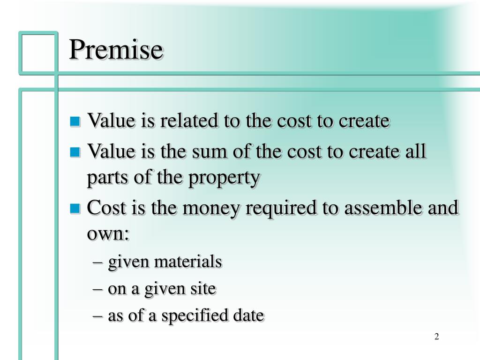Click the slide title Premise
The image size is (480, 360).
[x=116, y=50]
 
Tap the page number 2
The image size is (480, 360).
[x=436, y=337]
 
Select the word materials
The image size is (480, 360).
[x=193, y=262]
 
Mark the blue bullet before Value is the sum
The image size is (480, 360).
[x=75, y=152]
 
